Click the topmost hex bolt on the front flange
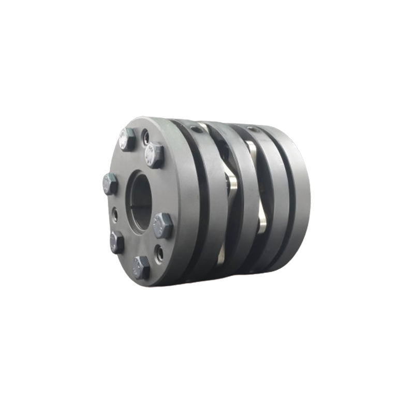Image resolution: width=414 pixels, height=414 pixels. pos(127,139)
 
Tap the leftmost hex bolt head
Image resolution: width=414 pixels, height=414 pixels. pos(110,184)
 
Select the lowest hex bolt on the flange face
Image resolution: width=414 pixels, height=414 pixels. pos(140,267)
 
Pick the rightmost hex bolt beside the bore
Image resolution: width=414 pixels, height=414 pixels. pos(163,226)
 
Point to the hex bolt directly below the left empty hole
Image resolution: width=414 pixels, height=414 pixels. pos(117,241)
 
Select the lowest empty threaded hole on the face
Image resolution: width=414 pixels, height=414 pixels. pos(159,253)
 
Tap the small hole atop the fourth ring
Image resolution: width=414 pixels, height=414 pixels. pos(252,129)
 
